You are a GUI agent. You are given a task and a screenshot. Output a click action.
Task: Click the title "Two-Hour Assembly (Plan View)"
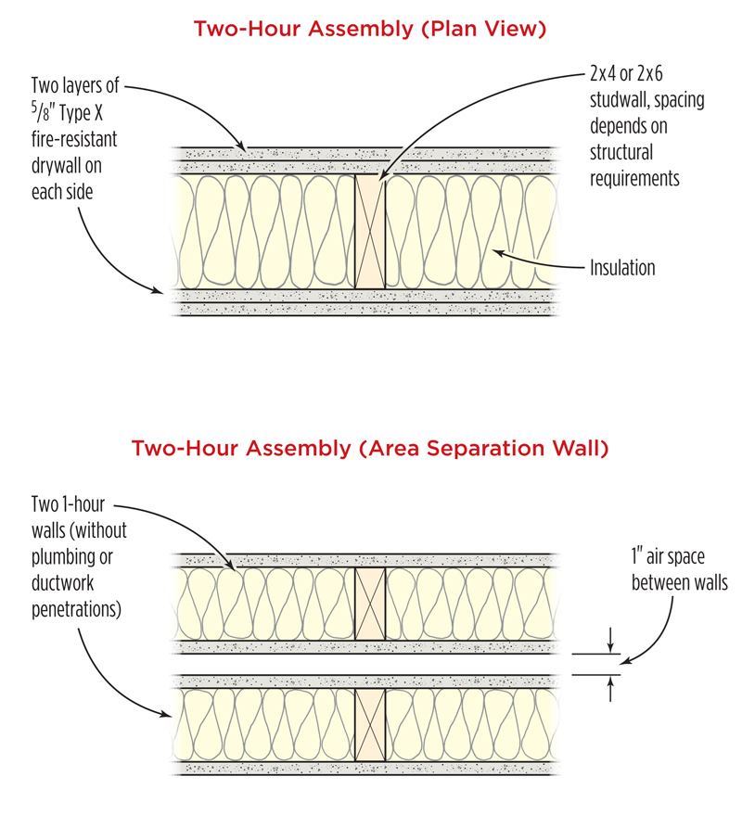(370, 29)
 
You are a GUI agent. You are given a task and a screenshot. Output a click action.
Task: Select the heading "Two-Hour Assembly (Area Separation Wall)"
(370, 449)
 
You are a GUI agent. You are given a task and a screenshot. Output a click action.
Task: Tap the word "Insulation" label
(622, 268)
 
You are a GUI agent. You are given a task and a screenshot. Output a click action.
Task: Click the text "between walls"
(679, 583)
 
